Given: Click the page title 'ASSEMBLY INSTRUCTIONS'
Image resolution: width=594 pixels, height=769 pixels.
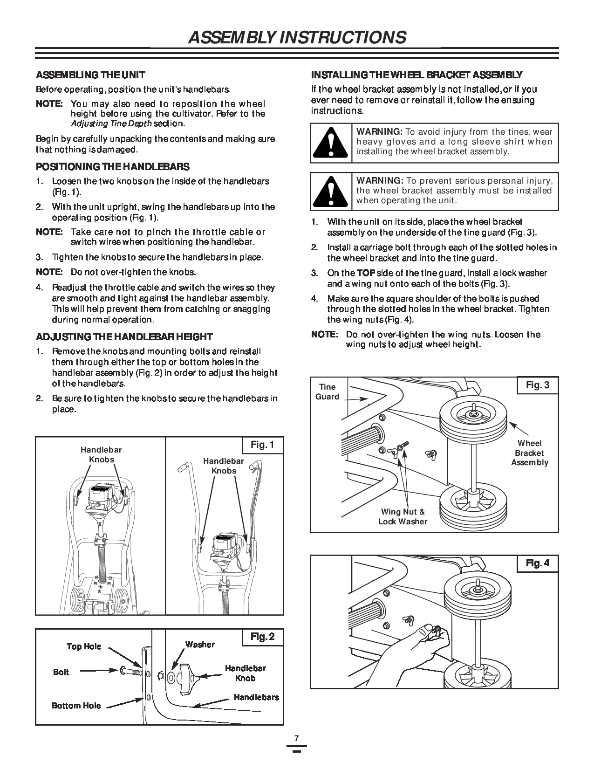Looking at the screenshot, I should coord(297,37).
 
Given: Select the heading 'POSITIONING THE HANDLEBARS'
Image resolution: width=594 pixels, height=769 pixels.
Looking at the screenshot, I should coord(113,166).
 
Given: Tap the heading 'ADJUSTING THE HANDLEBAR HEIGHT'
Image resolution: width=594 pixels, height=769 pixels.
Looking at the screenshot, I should coord(124,336).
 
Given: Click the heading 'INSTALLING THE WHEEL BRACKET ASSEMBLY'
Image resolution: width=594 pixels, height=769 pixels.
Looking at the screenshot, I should coord(416,75).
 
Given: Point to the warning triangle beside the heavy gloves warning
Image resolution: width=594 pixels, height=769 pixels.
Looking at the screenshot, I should coord(331,143).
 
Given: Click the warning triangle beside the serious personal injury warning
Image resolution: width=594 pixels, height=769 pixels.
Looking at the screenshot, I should coord(331,191).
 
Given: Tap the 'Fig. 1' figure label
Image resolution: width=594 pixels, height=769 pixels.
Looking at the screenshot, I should coord(262,445).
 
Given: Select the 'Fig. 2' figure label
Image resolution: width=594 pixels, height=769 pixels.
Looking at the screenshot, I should coord(262,637).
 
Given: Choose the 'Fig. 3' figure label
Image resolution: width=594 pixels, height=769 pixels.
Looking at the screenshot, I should coord(538,385).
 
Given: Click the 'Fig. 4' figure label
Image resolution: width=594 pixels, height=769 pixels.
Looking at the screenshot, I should coord(538,563).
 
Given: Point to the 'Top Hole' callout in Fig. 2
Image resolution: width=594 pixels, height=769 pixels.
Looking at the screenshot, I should coord(84,646).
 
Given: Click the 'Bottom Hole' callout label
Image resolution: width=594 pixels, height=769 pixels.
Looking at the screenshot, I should coord(76,706).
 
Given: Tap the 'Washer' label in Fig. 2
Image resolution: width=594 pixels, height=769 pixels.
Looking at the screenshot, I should coord(200,645).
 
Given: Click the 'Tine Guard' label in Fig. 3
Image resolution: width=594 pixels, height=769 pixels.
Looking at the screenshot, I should coord(328,392).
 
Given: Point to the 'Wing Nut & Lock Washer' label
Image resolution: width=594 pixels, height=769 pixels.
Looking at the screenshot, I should coord(403,517).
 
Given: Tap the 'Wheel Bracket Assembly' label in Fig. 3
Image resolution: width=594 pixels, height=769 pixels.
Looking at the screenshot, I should coord(530,453).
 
